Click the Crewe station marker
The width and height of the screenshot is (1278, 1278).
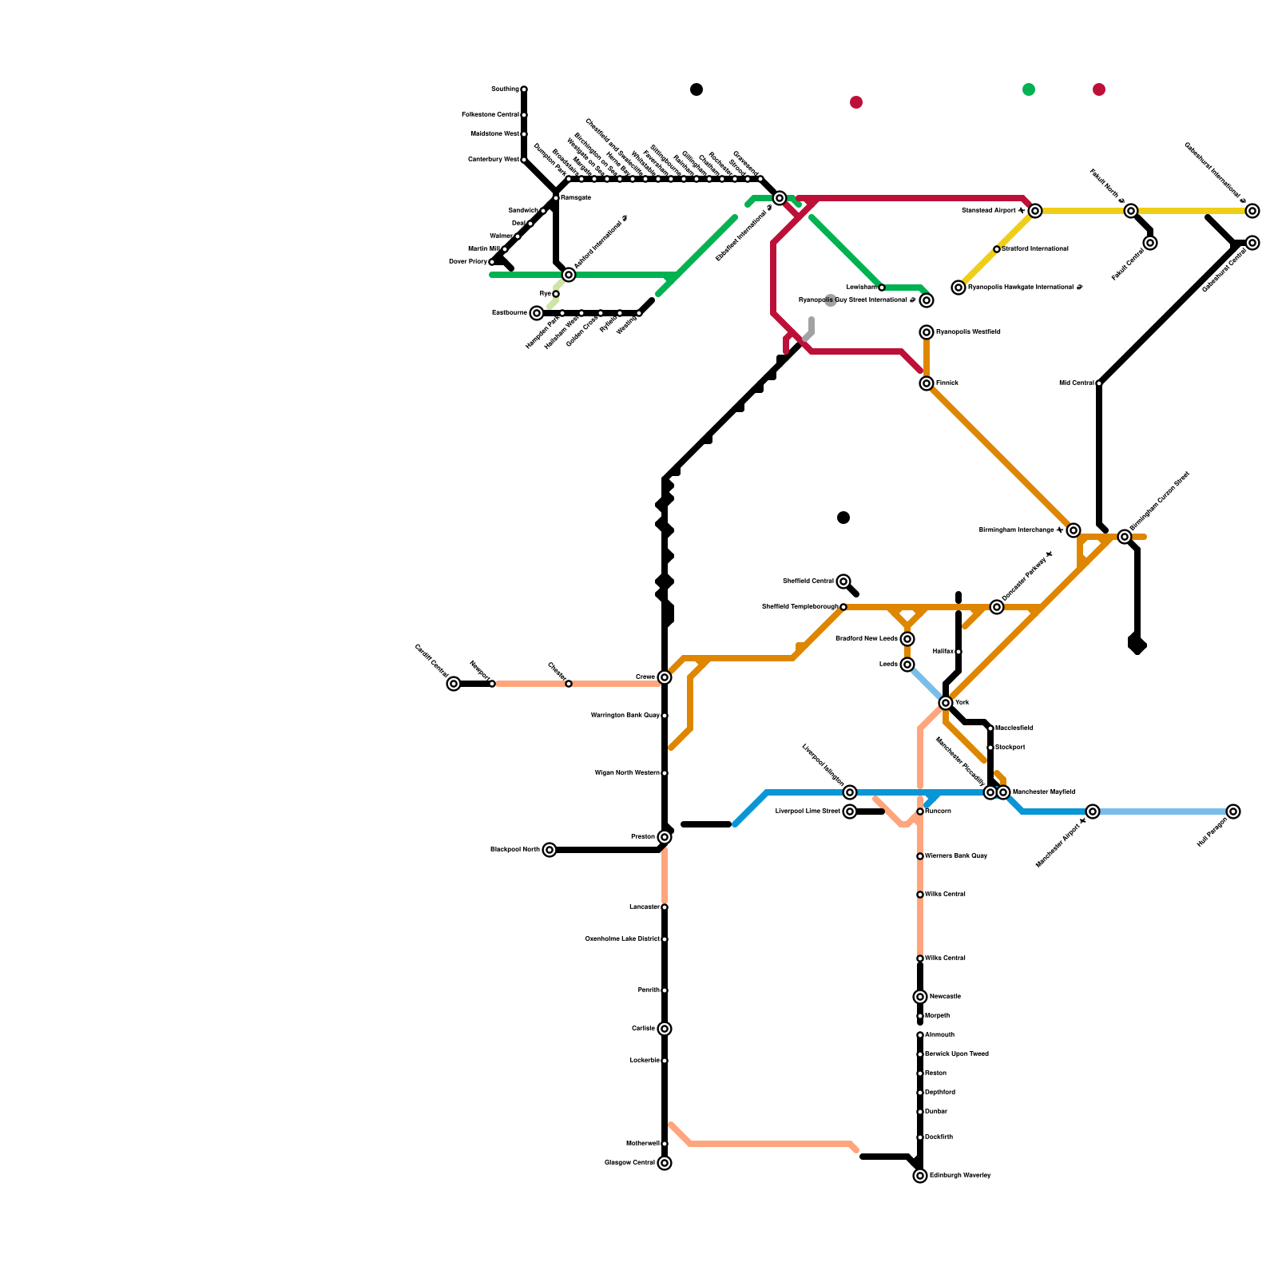pyautogui.click(x=665, y=677)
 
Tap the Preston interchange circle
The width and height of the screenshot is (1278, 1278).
pyautogui.click(x=665, y=837)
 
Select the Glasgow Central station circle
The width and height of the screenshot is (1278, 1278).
pyautogui.click(x=665, y=1163)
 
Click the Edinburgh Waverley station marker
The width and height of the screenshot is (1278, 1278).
pyautogui.click(x=920, y=1176)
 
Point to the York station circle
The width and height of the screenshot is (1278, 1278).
pyautogui.click(x=946, y=703)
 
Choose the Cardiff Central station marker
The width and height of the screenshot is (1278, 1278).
pyautogui.click(x=454, y=684)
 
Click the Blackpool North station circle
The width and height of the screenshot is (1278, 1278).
pyautogui.click(x=550, y=850)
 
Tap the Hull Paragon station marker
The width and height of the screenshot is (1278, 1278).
pyautogui.click(x=1233, y=812)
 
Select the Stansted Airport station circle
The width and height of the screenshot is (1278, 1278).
pyautogui.click(x=1035, y=211)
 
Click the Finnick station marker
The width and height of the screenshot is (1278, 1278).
pyautogui.click(x=927, y=383)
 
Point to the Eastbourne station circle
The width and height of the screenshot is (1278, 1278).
pyautogui.click(x=537, y=313)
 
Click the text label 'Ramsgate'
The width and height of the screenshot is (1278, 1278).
pyautogui.click(x=575, y=198)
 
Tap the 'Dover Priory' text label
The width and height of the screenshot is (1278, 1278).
pyautogui.click(x=467, y=262)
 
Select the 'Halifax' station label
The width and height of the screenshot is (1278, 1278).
pyautogui.click(x=943, y=652)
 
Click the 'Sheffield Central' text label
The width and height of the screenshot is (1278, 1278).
pyautogui.click(x=808, y=581)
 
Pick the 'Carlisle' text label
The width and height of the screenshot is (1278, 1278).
pyautogui.click(x=643, y=1029)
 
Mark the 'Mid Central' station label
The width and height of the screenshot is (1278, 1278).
pyautogui.click(x=1076, y=383)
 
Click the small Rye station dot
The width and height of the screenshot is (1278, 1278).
pyautogui.click(x=556, y=294)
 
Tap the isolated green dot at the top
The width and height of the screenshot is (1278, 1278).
pyautogui.click(x=1029, y=89)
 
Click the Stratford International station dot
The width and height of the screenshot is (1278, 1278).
pyautogui.click(x=997, y=249)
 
